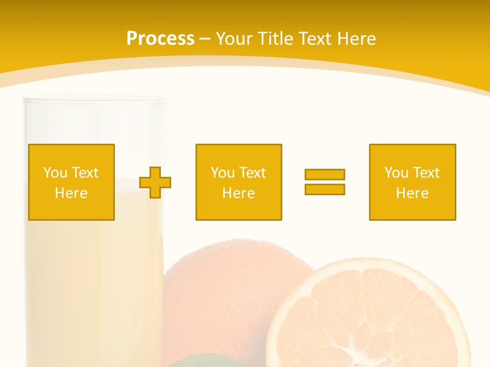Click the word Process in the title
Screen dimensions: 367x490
tap(160, 39)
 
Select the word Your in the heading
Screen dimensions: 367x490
tap(234, 39)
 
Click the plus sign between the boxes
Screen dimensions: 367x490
tap(155, 182)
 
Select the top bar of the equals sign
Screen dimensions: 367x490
tap(325, 174)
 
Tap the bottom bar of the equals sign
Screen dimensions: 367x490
tap(325, 189)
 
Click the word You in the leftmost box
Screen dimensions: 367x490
tap(55, 173)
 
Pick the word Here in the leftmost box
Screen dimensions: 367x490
tap(71, 193)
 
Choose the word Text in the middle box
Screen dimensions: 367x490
tap(252, 173)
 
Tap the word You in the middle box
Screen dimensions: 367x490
tap(223, 173)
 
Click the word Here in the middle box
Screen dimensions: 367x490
tap(238, 193)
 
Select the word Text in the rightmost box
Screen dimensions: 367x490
tap(426, 173)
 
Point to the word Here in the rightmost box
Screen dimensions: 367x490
tap(412, 193)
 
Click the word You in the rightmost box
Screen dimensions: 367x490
tap(396, 173)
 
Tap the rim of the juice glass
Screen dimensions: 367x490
tap(95, 101)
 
